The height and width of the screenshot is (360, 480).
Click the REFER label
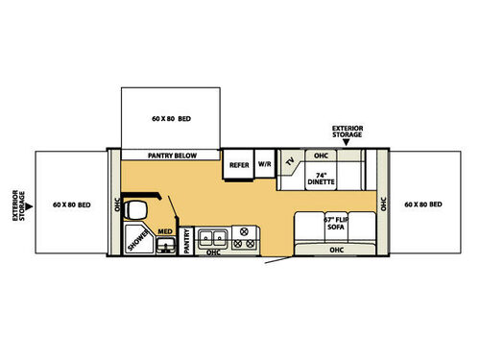click(x=238, y=164)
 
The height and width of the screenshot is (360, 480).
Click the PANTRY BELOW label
click(x=171, y=154)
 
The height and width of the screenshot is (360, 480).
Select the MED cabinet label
click(x=164, y=230)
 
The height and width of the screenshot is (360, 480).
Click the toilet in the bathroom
click(x=137, y=210)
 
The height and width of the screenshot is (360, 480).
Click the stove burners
click(x=243, y=237)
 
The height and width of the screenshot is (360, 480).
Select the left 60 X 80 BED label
click(x=72, y=204)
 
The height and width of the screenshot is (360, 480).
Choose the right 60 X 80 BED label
click(x=425, y=204)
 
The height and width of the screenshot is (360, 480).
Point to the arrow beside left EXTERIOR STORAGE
click(x=25, y=204)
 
